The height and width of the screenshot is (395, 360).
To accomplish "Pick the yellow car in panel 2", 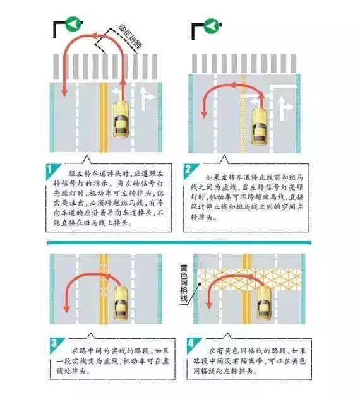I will click(x=261, y=120).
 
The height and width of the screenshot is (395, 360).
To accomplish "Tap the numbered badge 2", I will click(x=189, y=169).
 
